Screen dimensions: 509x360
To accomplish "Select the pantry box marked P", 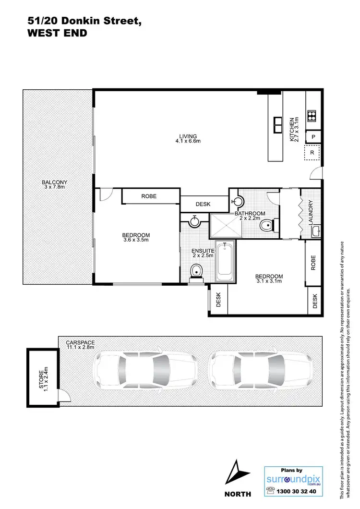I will coord(313,137).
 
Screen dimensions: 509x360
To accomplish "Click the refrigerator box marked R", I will coord(312,153).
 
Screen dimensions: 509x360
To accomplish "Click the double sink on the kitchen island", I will coord(277,124).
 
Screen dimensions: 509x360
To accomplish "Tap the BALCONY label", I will coord(54,182).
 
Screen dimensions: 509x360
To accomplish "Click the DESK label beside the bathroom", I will coord(203,204).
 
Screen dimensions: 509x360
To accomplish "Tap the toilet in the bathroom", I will coord(266,225).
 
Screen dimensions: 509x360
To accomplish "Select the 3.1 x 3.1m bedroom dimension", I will coord(269,282).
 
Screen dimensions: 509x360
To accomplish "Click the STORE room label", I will coord(43,377).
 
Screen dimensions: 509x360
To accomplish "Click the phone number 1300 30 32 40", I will coord(296,492).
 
